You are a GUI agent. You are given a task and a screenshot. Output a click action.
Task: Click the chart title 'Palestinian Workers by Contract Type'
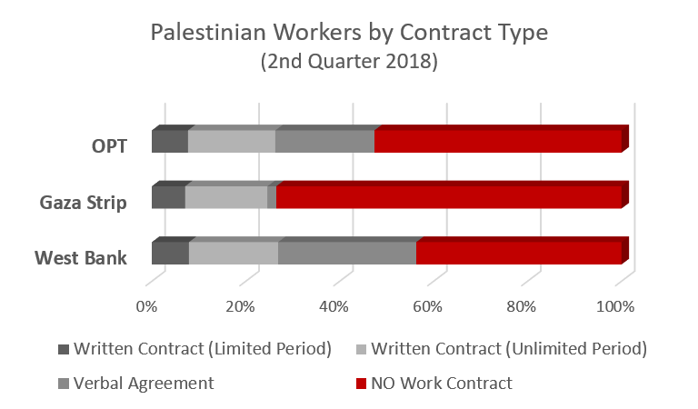click(349, 35)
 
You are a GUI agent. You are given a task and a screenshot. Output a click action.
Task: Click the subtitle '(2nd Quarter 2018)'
click(349, 64)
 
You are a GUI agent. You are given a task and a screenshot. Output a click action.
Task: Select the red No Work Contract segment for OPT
click(497, 142)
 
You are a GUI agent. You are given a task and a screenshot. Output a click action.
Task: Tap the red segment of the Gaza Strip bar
click(448, 197)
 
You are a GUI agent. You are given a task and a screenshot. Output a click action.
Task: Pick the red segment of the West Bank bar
click(518, 253)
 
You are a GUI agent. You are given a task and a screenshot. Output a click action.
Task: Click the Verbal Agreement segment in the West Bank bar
click(346, 253)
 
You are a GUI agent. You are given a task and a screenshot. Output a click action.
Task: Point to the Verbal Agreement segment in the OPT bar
click(324, 142)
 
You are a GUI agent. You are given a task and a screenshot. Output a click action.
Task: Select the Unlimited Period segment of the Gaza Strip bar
click(225, 197)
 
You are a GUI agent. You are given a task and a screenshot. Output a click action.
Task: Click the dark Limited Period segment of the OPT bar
click(169, 142)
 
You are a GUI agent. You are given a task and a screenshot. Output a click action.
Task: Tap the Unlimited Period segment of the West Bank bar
click(233, 253)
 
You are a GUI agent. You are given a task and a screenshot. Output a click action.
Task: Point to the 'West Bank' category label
click(81, 257)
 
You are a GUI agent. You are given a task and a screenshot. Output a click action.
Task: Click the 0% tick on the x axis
click(146, 307)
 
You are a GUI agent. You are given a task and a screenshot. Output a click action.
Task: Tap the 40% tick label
click(334, 307)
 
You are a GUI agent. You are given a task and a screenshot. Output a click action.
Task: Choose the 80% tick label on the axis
click(522, 307)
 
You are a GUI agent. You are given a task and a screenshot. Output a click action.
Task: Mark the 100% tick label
click(615, 307)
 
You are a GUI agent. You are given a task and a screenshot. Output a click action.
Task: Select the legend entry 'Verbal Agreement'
click(144, 383)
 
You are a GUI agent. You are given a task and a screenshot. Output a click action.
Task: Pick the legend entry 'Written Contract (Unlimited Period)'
click(509, 349)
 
